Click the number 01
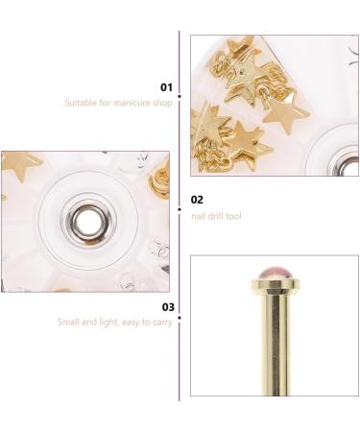[x=166, y=87]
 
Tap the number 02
[x=197, y=199]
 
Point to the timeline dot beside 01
[x=180, y=87]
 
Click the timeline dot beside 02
[x=180, y=199]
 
